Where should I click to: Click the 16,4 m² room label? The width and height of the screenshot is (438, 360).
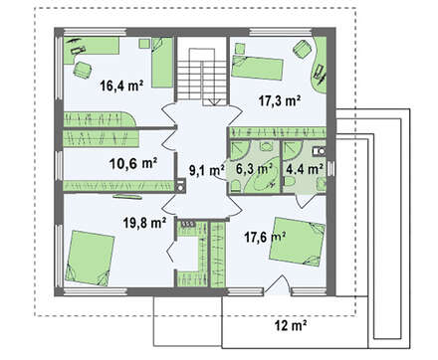121,86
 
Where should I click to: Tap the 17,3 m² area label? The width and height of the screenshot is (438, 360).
280,100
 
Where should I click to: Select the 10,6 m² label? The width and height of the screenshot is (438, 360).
133,163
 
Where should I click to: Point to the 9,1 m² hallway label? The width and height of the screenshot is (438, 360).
206,170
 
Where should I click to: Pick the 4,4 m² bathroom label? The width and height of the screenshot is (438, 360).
305,169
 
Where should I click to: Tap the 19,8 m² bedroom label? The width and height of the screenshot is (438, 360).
144,223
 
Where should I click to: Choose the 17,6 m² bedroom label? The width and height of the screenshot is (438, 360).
266,237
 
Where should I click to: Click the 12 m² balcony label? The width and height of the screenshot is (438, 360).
291,326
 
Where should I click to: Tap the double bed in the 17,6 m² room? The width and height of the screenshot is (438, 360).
297,242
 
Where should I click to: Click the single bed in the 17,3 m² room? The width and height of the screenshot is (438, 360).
257,68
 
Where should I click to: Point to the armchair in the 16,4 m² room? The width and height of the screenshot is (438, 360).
83,70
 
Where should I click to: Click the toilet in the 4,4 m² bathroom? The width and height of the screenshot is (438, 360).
290,182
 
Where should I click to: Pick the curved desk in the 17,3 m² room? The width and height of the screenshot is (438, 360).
320,66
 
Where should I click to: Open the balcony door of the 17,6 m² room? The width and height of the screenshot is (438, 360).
279,284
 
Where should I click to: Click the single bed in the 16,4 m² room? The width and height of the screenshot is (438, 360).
162,63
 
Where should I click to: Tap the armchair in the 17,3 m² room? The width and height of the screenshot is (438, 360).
303,50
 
